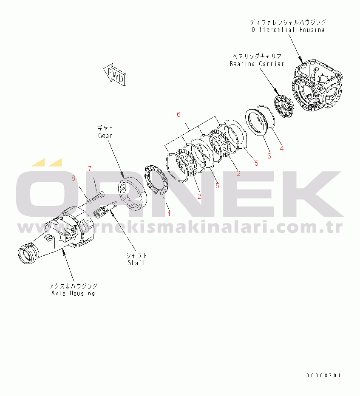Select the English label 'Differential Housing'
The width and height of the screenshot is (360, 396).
[288, 30]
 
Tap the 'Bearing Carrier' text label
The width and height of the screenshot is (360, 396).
[256, 64]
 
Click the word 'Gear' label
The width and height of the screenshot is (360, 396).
[105, 135]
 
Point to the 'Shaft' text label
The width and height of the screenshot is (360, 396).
[136, 263]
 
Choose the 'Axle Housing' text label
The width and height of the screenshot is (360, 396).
[73, 293]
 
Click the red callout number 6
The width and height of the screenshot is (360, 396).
[179, 114]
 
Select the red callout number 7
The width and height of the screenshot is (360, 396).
[90, 169]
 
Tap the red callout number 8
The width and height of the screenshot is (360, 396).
[73, 178]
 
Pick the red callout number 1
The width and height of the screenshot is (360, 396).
[169, 213]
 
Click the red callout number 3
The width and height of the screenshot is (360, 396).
[269, 156]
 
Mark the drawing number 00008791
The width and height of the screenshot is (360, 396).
[323, 376]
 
